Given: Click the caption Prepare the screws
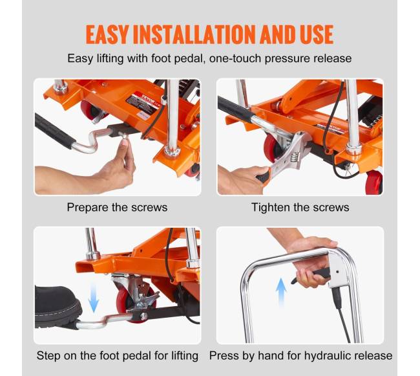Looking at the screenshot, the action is (x=117, y=207).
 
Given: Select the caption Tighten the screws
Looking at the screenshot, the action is (x=300, y=207).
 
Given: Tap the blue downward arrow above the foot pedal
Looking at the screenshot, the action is (x=94, y=298).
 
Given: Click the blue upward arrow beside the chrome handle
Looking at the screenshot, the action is (x=281, y=293).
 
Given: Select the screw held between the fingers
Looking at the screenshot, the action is (x=124, y=136).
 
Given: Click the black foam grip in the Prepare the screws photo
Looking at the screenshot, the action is (x=54, y=131).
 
